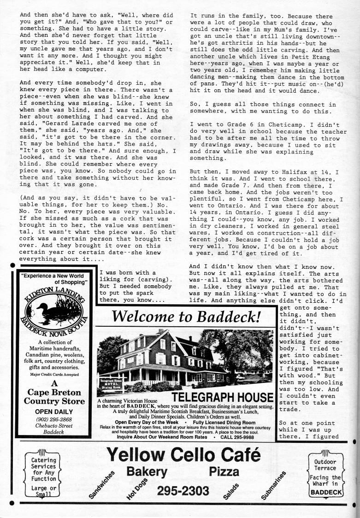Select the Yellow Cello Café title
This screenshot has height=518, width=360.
(183, 456)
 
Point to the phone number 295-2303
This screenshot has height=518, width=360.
(183, 490)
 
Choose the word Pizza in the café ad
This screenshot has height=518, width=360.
(224, 471)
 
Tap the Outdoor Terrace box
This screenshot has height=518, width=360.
(325, 476)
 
